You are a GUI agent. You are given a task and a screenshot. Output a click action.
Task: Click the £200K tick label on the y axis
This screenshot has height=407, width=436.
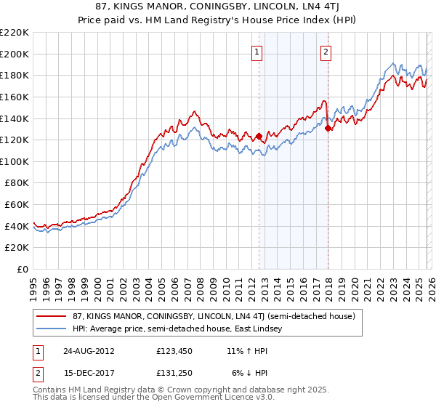[15, 54]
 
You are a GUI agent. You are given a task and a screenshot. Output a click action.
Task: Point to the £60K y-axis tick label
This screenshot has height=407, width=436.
[17, 205]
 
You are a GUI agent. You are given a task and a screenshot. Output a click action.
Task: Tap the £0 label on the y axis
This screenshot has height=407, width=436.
[24, 270]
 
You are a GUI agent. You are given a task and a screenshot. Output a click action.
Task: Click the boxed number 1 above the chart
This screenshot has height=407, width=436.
[258, 52]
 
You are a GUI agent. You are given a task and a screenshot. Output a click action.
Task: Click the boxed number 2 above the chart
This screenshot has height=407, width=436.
[326, 52]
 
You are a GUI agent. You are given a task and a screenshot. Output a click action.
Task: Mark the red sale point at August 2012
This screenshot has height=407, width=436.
[259, 136]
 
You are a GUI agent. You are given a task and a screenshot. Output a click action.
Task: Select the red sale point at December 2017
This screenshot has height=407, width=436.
[328, 128]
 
